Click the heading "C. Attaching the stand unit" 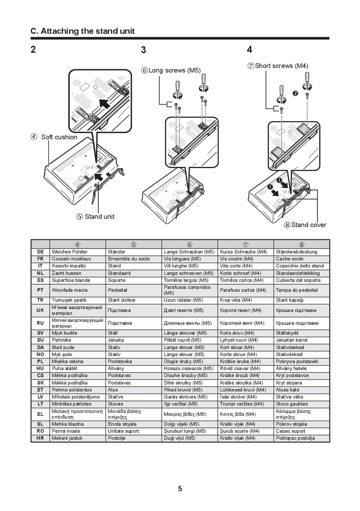click(x=83, y=31)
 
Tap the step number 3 click(x=143, y=50)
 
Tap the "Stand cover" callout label click(x=308, y=225)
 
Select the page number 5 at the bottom click(x=180, y=489)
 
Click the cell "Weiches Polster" click(x=70, y=252)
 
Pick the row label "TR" click(x=40, y=300)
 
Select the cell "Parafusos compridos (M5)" click(x=187, y=290)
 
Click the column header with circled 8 click(x=302, y=244)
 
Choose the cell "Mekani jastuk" click(x=67, y=438)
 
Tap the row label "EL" click(x=40, y=414)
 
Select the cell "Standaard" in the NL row click(x=119, y=273)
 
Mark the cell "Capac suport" click(x=290, y=431)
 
